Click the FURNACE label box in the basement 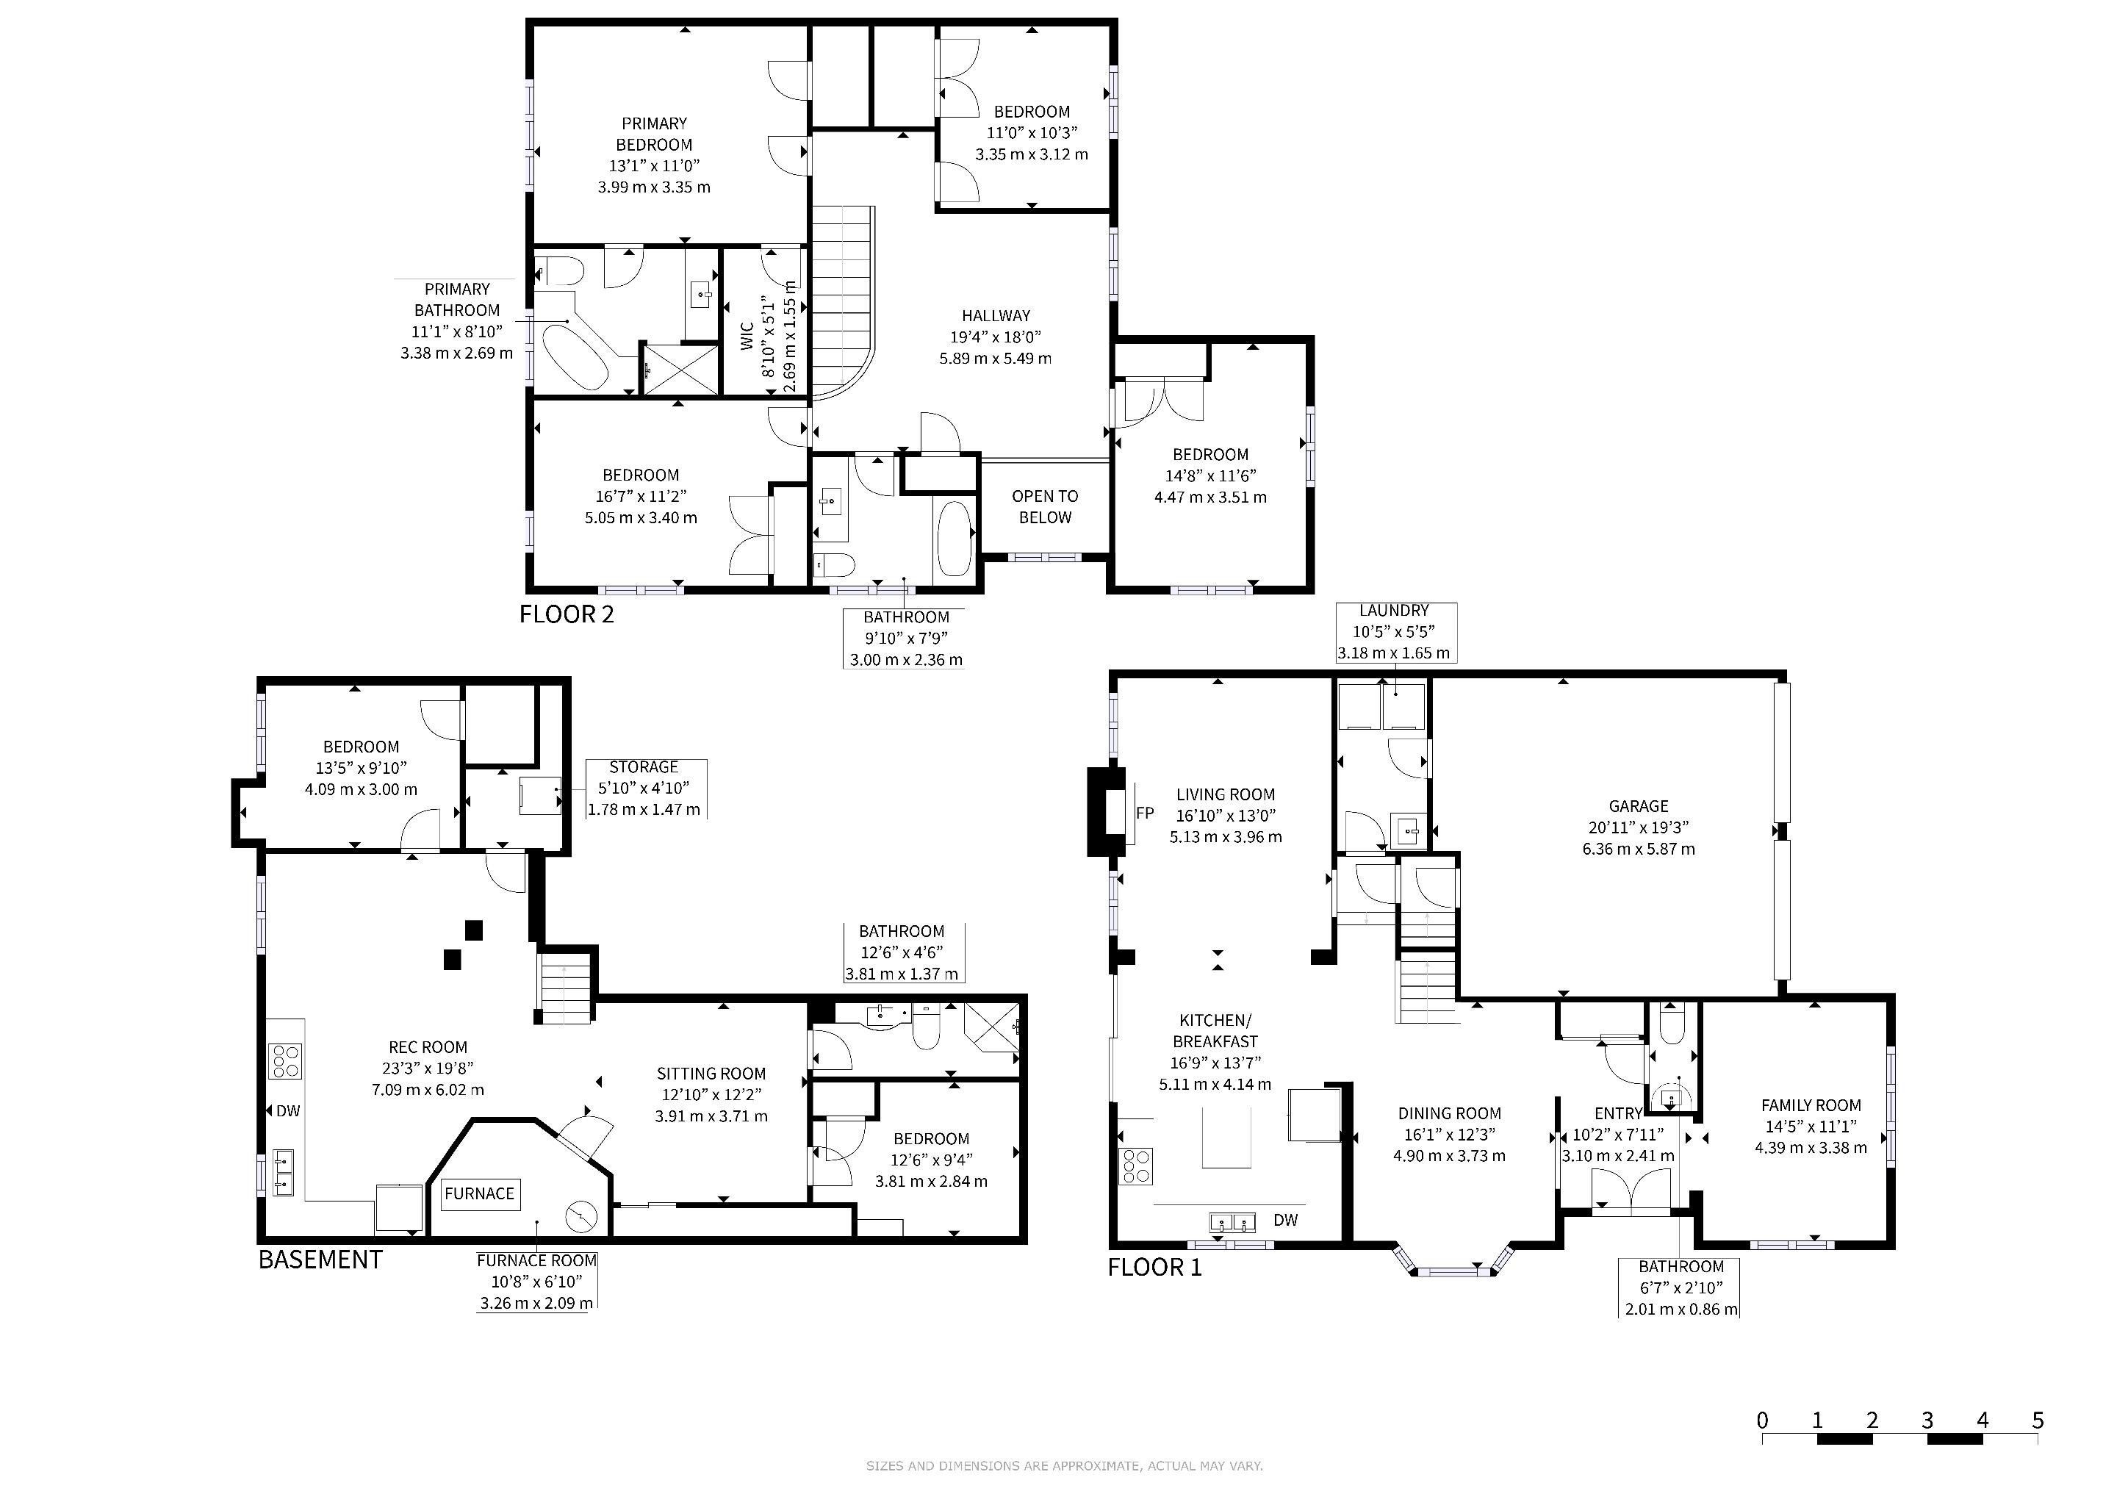pyautogui.click(x=479, y=1193)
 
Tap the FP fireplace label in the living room pyautogui.click(x=1146, y=813)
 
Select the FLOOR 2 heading pyautogui.click(x=567, y=614)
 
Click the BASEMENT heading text pyautogui.click(x=320, y=1260)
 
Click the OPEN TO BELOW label pyautogui.click(x=1045, y=507)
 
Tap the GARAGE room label pyautogui.click(x=1639, y=806)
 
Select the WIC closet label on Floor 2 pyautogui.click(x=747, y=336)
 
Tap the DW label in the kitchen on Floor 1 pyautogui.click(x=1285, y=1221)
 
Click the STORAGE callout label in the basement pyautogui.click(x=644, y=767)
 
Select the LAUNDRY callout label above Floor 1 pyautogui.click(x=1394, y=611)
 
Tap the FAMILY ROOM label pyautogui.click(x=1811, y=1105)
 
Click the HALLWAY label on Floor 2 pyautogui.click(x=996, y=316)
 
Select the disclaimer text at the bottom pyautogui.click(x=1064, y=1466)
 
